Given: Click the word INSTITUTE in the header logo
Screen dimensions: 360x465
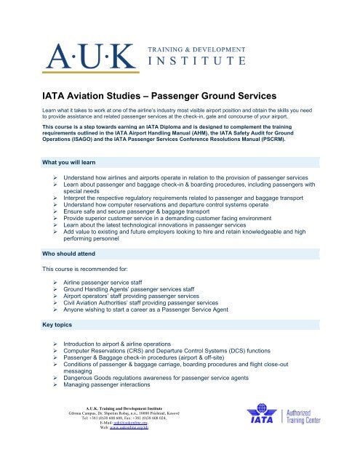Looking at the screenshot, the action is point(192,61).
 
